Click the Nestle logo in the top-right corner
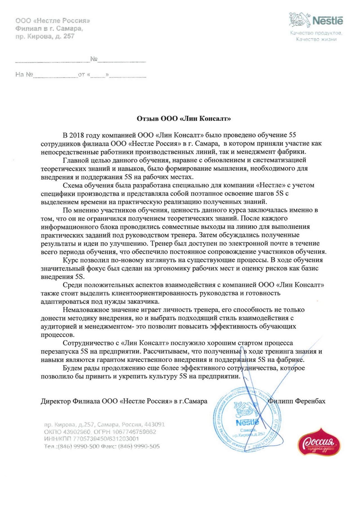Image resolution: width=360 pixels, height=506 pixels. pos(316,20)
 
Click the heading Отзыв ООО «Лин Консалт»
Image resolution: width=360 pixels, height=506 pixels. pos(184,119)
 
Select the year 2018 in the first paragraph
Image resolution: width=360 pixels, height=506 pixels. pos(77,135)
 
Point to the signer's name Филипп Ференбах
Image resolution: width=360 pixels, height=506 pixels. pos(297,401)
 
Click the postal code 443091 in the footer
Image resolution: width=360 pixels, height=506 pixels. pos(154,424)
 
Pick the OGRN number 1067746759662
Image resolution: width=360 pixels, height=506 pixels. pos(134,432)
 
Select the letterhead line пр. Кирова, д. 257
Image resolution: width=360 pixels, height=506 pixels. pos(45,36)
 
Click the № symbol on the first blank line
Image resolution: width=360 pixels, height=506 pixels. pos(94,59)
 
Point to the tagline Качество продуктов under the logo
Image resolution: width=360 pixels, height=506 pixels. pos(316,33)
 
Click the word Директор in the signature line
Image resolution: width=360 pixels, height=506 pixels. pos(56,401)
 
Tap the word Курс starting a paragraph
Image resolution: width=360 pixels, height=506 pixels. pos(71,260)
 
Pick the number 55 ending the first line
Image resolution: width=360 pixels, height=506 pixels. pos(292,135)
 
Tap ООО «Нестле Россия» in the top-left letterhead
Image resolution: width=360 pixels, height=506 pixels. pos(53,21)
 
